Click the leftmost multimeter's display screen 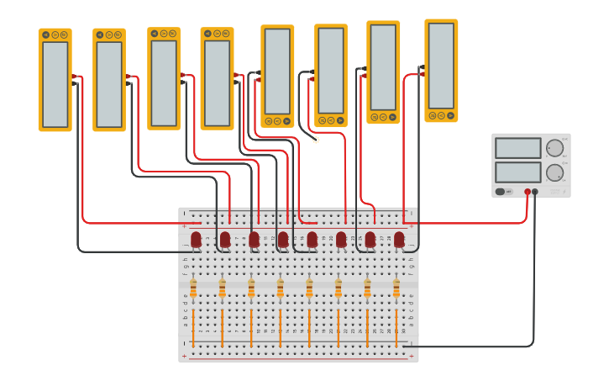[x=55, y=84]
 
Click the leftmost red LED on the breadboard [x=196, y=240]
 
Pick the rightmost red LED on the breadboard [x=399, y=240]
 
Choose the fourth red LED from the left [x=283, y=240]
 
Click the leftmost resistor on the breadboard [x=193, y=288]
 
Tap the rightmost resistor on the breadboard [x=396, y=288]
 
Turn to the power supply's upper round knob [x=554, y=149]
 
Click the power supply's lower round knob [x=554, y=173]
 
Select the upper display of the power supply [x=518, y=148]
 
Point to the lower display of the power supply [x=518, y=172]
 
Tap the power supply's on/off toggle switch [x=500, y=192]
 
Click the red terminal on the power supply [x=528, y=192]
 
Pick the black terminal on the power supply [x=535, y=192]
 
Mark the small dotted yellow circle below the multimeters [x=316, y=140]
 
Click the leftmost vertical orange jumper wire [x=193, y=328]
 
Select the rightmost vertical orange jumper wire [x=396, y=328]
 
